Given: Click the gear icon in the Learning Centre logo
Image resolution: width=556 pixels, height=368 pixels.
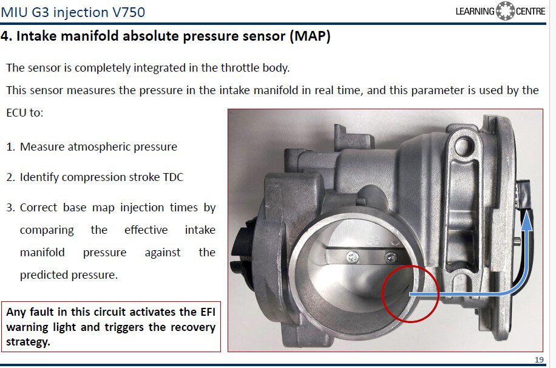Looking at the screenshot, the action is pyautogui.click(x=504, y=11).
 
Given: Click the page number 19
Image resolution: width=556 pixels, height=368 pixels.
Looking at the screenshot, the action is pyautogui.click(x=539, y=359).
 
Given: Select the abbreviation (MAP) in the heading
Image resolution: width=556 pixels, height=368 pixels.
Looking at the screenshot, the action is pyautogui.click(x=310, y=36).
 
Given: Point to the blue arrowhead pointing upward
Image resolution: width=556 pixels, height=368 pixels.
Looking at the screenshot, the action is pyautogui.click(x=527, y=221).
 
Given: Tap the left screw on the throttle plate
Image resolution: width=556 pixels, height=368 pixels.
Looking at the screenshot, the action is pyautogui.click(x=352, y=256).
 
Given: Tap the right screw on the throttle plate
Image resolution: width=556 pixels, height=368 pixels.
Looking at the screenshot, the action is pyautogui.click(x=390, y=257).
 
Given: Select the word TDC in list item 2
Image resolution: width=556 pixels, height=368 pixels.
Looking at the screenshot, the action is pyautogui.click(x=173, y=177).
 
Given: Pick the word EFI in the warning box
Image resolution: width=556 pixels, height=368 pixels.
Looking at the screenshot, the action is pyautogui.click(x=208, y=312).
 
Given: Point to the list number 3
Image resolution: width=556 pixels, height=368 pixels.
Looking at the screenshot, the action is pyautogui.click(x=10, y=207).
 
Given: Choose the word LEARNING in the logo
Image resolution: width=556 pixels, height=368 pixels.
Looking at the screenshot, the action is pyautogui.click(x=475, y=12).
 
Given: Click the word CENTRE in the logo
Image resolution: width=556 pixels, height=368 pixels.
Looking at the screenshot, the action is pyautogui.click(x=531, y=12).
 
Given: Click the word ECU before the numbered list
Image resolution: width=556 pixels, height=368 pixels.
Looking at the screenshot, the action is pyautogui.click(x=16, y=113).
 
